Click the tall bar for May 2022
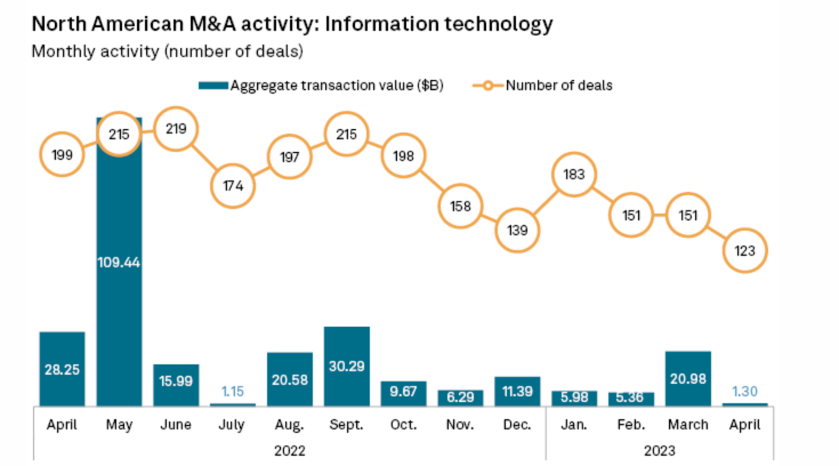point(119,295)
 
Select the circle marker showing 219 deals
point(176,129)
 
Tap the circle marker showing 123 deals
point(745,251)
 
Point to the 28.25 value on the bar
point(62,370)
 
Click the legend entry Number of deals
point(558,85)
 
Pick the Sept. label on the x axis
point(346,425)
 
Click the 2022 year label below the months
point(290,451)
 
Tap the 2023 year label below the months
point(659,451)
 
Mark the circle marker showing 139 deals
point(517,230)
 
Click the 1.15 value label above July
point(233,392)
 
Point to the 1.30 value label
point(745,392)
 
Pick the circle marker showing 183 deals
point(574,175)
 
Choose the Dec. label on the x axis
point(517,425)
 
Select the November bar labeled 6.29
point(460,398)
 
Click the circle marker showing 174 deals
point(233,185)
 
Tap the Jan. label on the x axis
point(574,425)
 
